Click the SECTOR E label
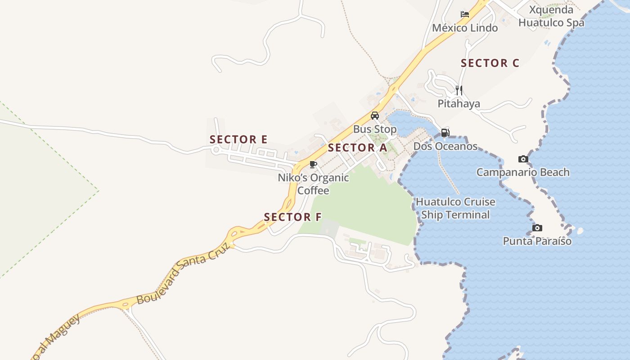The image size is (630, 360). pos(238,139)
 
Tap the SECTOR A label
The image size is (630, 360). pos(357,148)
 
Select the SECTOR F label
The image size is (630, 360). pos(292,217)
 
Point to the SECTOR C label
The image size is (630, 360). pos(490,63)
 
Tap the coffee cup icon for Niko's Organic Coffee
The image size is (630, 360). pos(313,164)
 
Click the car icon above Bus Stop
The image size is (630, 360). pos(374,116)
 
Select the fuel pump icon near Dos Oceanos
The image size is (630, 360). pos(445,133)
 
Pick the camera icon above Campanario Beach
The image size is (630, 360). pos(523,159)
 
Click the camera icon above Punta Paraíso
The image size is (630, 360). pos(537,228)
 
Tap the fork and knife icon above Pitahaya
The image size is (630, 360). pos(459,90)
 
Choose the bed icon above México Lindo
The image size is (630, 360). pos(465,14)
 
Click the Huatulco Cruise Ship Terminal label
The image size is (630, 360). pos(455,208)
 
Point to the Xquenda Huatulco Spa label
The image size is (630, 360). pos(551,16)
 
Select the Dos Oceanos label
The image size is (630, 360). pos(445,146)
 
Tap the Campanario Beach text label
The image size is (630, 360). pos(523,172)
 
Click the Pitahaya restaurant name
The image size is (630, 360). pos(459,104)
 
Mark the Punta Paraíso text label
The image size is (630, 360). pos(537,241)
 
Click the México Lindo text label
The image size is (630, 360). pos(465,28)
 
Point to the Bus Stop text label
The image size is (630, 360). pos(374,130)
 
